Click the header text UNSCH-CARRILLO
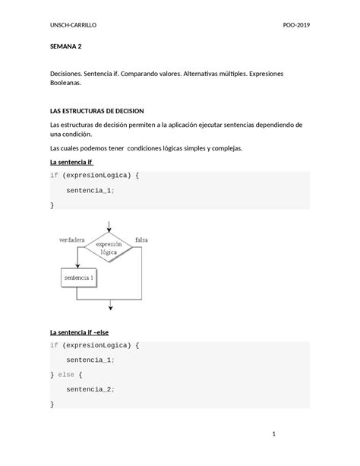[x=73, y=26]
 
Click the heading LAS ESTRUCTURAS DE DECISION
[x=102, y=110]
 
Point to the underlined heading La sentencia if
[x=71, y=162]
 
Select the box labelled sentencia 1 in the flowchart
[x=81, y=277]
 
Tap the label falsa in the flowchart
[x=141, y=239]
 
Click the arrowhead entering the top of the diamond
[x=111, y=232]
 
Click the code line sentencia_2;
[x=90, y=389]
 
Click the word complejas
[x=224, y=148]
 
